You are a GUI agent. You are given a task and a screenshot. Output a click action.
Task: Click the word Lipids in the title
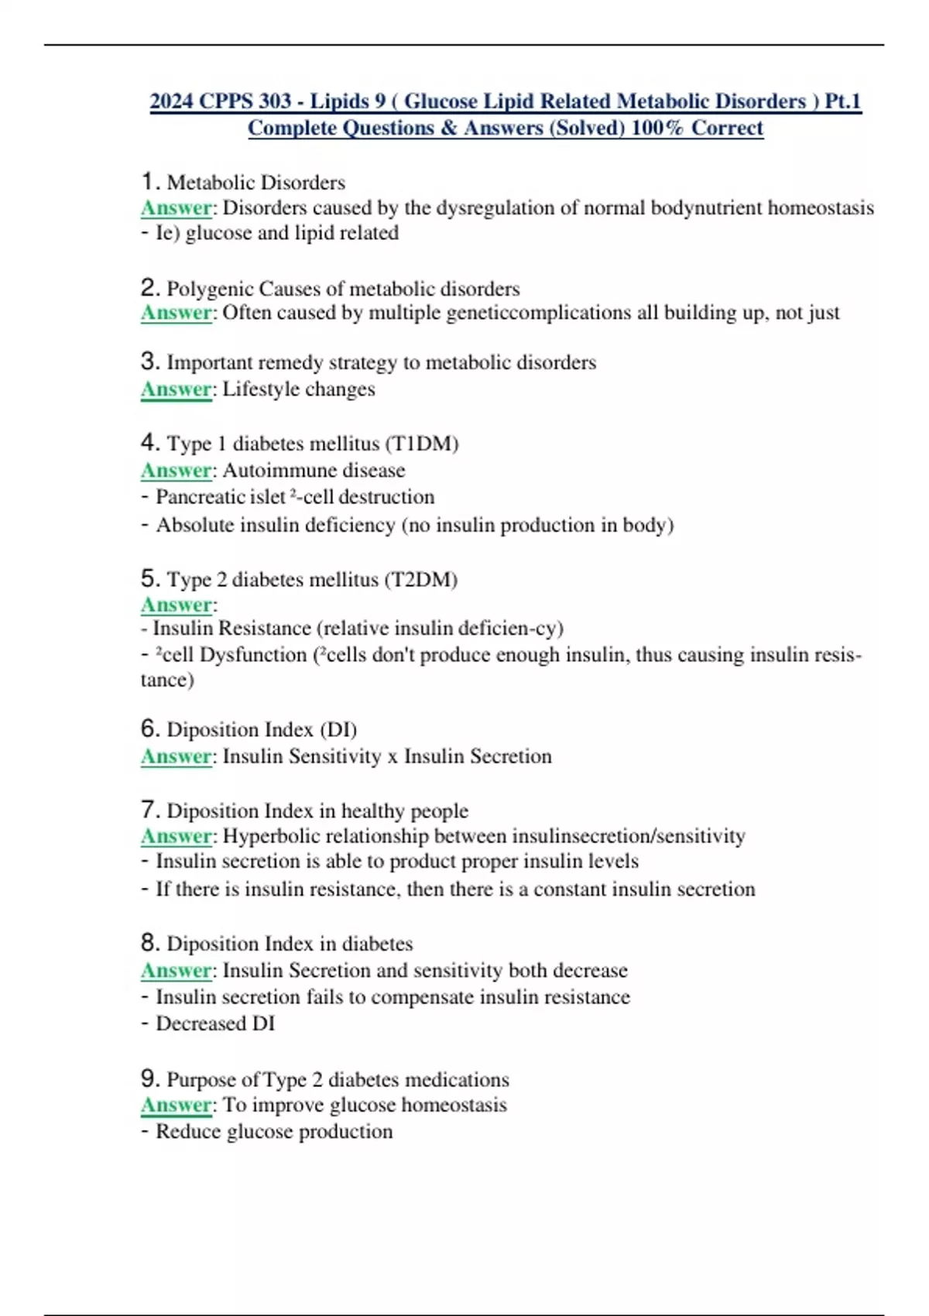point(340,101)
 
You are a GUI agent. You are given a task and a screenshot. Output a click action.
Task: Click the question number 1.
point(149,182)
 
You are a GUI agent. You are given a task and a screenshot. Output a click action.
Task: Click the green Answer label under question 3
point(176,389)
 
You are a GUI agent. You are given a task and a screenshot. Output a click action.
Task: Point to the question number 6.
point(149,728)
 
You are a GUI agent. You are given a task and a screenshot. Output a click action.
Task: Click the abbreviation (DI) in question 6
point(338,729)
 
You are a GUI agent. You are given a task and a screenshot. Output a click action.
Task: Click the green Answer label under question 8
point(176,970)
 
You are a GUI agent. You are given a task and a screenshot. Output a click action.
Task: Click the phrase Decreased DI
point(215,1023)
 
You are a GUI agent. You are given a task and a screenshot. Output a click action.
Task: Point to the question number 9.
point(149,1078)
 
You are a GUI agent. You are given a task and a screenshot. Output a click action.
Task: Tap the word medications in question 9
point(457,1079)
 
